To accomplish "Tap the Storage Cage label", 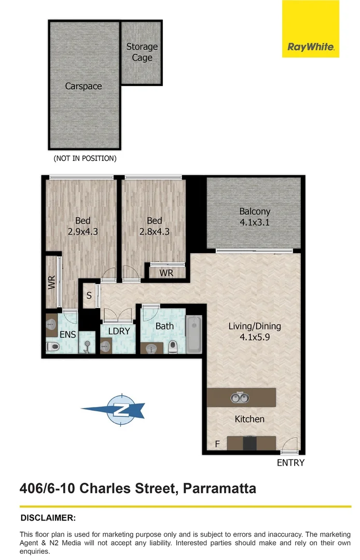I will (x=142, y=52).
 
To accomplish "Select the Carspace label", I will (x=84, y=86).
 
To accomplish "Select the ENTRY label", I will (x=290, y=463).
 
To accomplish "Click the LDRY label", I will (x=119, y=331).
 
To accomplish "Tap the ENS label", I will (x=68, y=334).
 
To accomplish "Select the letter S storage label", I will (x=89, y=296).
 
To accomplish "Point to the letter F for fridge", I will (x=217, y=444).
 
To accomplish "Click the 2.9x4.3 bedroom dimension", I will (x=83, y=232).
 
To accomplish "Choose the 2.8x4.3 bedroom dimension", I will (x=154, y=232).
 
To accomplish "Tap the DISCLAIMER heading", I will (x=48, y=517).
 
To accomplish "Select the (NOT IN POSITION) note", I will (x=85, y=158).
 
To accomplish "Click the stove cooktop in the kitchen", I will (x=250, y=443).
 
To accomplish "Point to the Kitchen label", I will (x=250, y=419).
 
